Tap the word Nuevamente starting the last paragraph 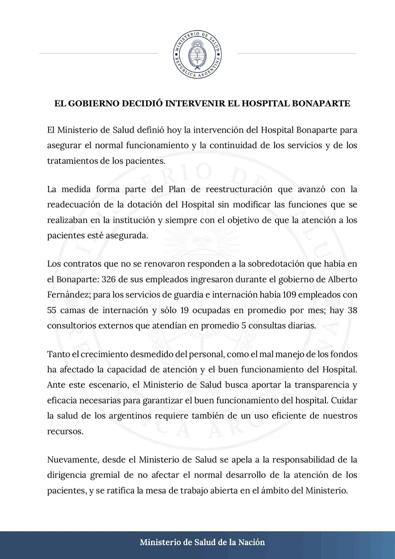pos(71,459)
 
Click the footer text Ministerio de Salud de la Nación pos(202,542)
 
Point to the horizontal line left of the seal pos(98,52)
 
